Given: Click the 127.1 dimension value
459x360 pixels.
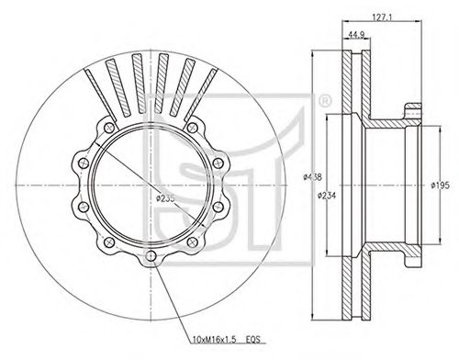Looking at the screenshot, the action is [382, 17].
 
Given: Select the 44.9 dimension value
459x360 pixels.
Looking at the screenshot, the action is [356, 35].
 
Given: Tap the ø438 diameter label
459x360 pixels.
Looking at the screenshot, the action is [312, 177].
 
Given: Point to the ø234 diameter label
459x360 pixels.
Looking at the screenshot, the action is [326, 195].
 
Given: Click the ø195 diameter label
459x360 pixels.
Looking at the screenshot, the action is [440, 186].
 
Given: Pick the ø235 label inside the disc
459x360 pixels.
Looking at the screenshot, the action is [165, 198].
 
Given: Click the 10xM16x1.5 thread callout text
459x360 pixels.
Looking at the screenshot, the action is [214, 340].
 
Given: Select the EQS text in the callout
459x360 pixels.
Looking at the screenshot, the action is [253, 340].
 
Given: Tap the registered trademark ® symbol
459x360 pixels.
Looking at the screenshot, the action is [325, 101].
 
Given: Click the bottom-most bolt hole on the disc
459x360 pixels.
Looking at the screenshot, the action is [151, 256].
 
